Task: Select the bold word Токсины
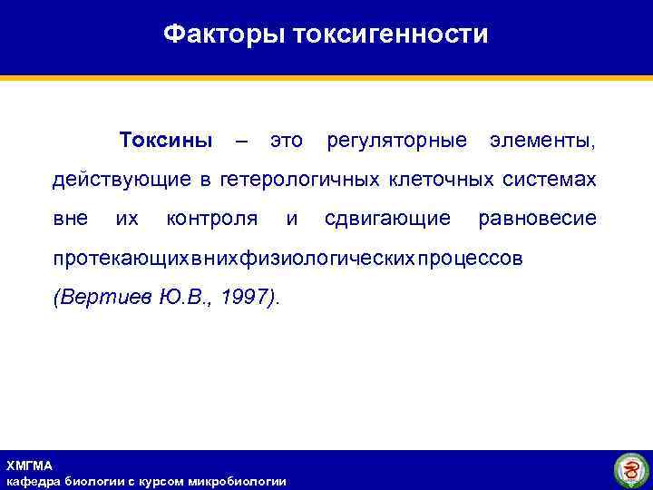click(166, 142)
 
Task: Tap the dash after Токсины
click(240, 142)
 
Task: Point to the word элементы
click(542, 142)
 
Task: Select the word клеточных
click(441, 180)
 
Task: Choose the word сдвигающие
click(387, 219)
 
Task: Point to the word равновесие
click(537, 219)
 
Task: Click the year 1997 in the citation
click(246, 297)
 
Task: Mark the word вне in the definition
click(70, 219)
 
